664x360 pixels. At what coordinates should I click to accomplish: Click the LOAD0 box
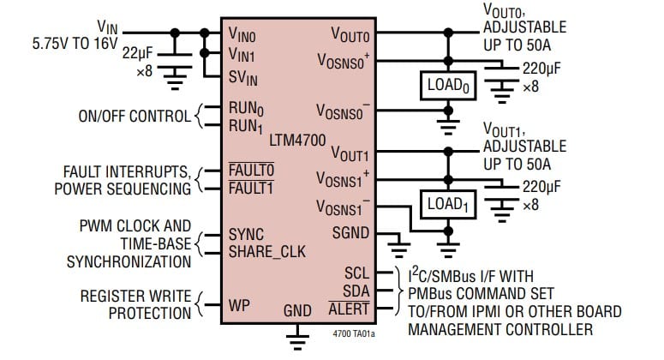446,87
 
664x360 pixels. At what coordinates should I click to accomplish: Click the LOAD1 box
446,206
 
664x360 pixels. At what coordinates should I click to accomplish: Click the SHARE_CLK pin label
266,251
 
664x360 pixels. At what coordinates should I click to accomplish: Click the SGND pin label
351,233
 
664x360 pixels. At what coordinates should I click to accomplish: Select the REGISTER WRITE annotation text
136,296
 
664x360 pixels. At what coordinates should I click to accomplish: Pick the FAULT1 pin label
251,189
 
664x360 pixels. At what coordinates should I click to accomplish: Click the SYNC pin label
246,234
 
